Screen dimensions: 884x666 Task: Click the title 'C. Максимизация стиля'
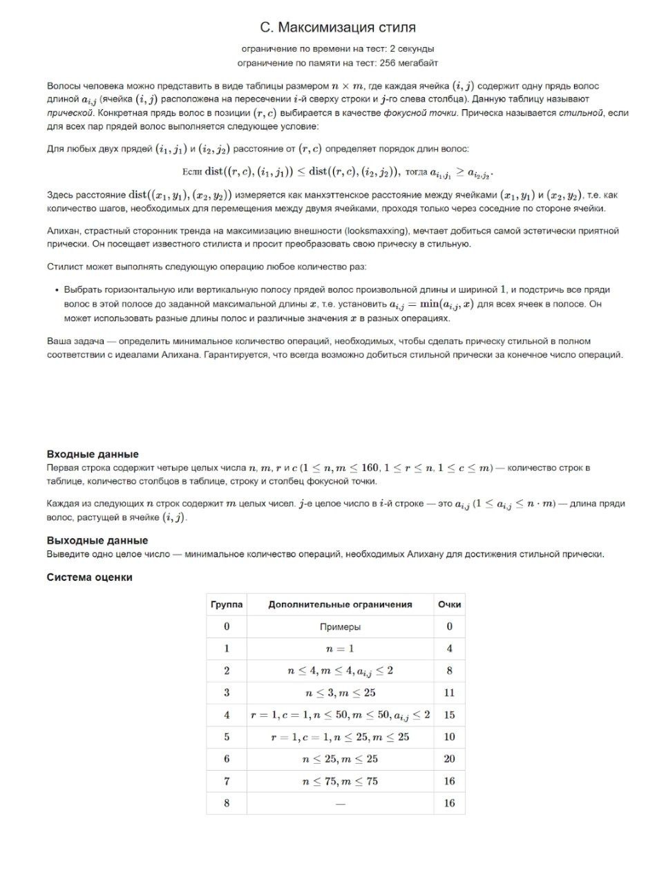click(x=338, y=28)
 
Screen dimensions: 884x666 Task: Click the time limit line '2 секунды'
click(x=338, y=49)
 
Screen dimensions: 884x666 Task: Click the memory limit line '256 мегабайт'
click(x=338, y=63)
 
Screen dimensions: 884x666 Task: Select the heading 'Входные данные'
click(x=93, y=454)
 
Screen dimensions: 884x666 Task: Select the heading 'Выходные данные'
click(x=97, y=541)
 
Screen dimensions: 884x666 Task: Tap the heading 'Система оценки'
click(x=90, y=577)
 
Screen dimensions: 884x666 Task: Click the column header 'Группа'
click(x=227, y=605)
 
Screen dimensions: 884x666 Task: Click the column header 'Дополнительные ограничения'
click(x=340, y=605)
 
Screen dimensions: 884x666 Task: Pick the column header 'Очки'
click(x=449, y=605)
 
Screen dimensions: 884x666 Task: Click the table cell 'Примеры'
click(x=340, y=627)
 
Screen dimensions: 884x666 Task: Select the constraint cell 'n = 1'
click(x=340, y=649)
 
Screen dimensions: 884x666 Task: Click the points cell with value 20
click(x=449, y=759)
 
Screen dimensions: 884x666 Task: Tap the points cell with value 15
click(x=449, y=715)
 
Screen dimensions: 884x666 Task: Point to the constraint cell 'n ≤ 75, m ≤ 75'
click(x=340, y=782)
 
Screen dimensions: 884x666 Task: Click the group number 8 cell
click(x=227, y=803)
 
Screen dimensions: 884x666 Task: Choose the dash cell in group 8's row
click(x=340, y=804)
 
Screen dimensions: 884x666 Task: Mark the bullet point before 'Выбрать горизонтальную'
click(x=56, y=290)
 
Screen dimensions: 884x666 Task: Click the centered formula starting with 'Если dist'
click(x=338, y=172)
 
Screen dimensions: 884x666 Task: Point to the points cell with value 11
click(x=449, y=693)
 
